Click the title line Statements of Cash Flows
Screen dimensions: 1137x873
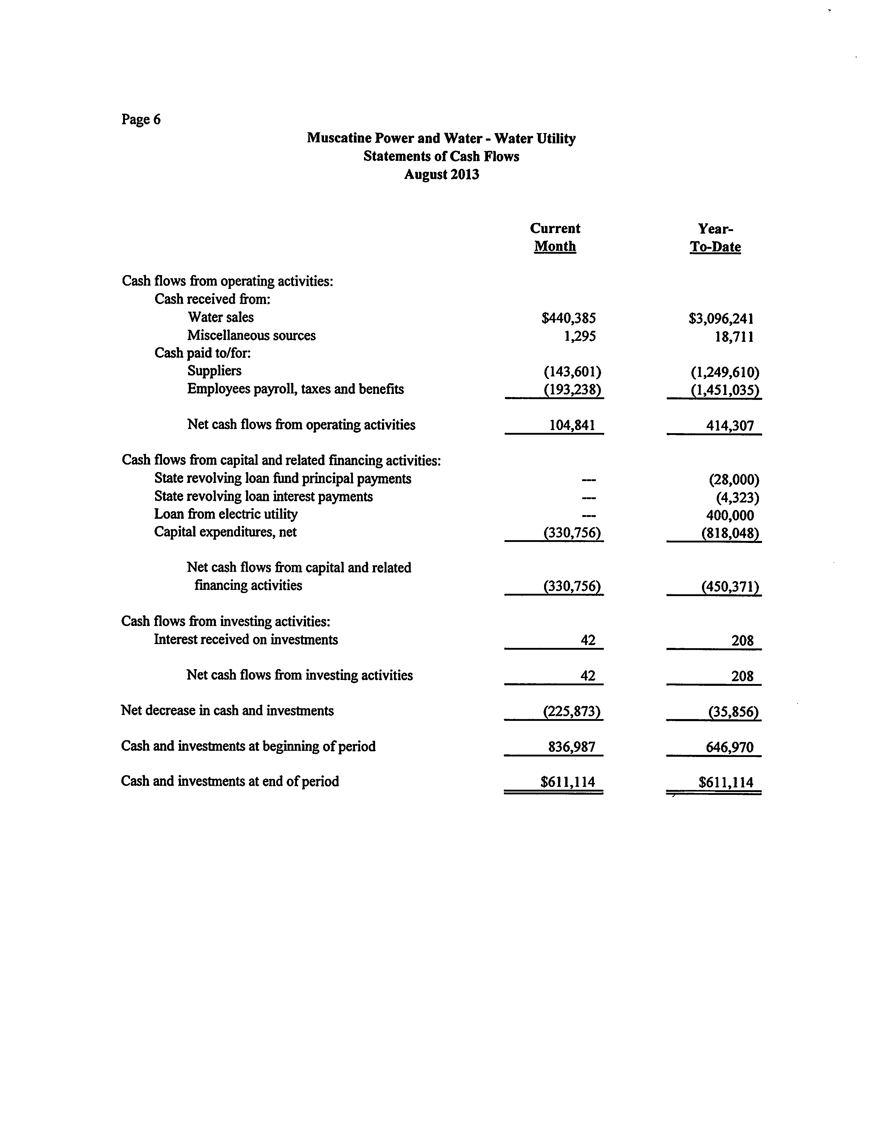441,156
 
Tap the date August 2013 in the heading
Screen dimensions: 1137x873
441,175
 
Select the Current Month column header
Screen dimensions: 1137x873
555,237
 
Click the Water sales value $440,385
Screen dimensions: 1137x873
569,318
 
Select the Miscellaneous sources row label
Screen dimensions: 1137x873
252,335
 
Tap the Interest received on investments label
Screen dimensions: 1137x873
246,640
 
